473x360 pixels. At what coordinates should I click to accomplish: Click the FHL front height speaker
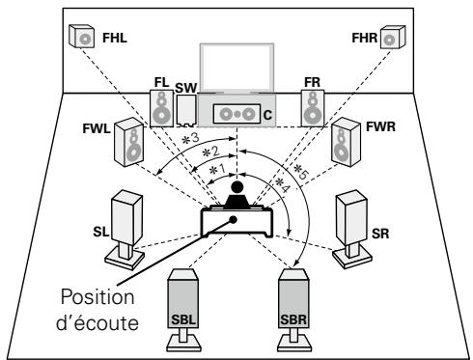click(x=81, y=36)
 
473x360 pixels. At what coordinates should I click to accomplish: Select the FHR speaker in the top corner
click(x=393, y=38)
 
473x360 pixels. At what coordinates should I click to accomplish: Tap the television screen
click(x=236, y=68)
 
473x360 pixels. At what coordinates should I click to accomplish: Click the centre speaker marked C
click(x=236, y=114)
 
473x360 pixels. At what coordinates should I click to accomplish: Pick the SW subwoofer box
click(x=186, y=110)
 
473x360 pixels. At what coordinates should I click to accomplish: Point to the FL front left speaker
click(x=161, y=108)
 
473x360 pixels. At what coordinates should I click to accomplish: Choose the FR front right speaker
click(x=313, y=108)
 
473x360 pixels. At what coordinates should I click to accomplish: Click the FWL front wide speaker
click(x=129, y=142)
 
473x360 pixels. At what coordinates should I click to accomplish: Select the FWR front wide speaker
click(x=346, y=142)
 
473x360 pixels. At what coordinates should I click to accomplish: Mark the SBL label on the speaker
click(x=183, y=319)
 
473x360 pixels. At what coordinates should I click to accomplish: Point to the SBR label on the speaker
click(x=293, y=319)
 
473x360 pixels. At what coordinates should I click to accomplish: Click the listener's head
click(x=237, y=187)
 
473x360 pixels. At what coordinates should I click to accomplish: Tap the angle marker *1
click(x=217, y=169)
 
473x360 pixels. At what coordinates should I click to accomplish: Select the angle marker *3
click(x=191, y=139)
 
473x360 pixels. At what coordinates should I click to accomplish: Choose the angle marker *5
click(x=301, y=172)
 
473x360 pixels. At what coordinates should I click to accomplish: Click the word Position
click(x=97, y=297)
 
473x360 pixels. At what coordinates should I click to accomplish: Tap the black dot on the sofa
click(x=233, y=220)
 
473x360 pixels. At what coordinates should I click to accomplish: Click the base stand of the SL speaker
click(x=125, y=258)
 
